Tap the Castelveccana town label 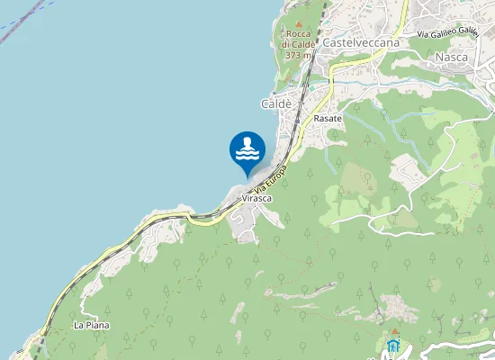pos(360,42)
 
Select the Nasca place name pos(451,57)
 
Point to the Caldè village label pos(276,104)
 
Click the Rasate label pos(327,118)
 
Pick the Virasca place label pos(256,200)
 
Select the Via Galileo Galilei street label pos(447,33)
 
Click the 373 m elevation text pos(298,55)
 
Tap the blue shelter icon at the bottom pos(393,346)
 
